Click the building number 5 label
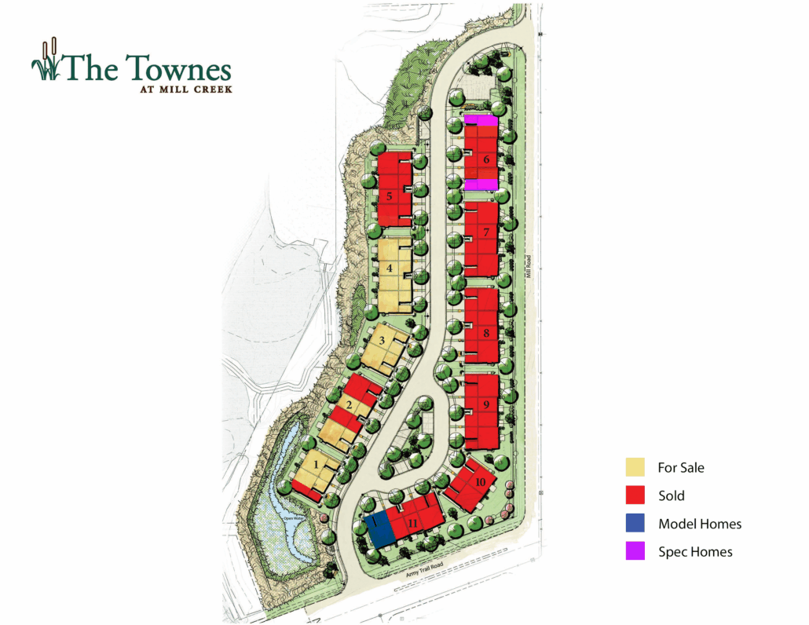[x=389, y=196]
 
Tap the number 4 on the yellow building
[x=389, y=268]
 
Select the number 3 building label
[x=382, y=341]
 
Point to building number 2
[x=349, y=405]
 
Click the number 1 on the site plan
[x=317, y=464]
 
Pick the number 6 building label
[x=486, y=160]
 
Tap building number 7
[x=486, y=232]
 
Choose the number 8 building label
[x=486, y=334]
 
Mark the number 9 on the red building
[x=486, y=404]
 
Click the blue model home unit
[x=379, y=529]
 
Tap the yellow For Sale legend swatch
[x=635, y=468]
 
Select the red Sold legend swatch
[x=635, y=495]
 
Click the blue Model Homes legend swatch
[x=635, y=524]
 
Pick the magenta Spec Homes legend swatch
[x=635, y=552]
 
